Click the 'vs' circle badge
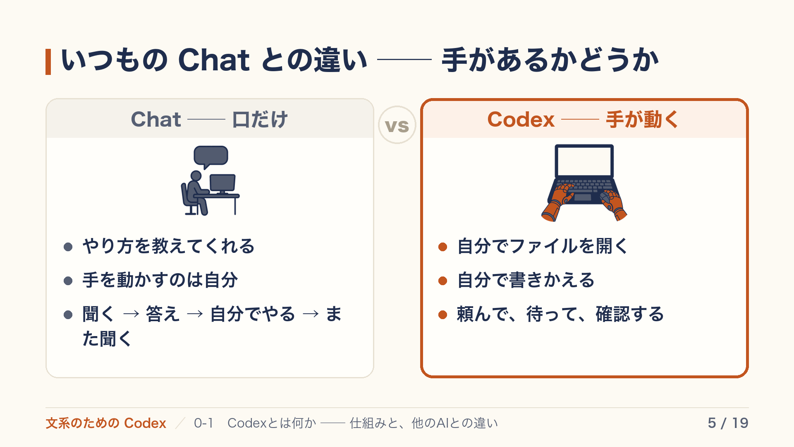click(397, 125)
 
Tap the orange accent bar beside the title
click(48, 62)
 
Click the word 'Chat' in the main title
click(214, 60)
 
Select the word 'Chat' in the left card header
click(156, 119)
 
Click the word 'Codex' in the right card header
click(521, 119)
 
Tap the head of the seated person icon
click(196, 176)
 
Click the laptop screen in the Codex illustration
click(584, 161)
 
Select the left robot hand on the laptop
click(557, 203)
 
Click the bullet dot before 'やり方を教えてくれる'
click(68, 247)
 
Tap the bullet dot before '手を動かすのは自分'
click(68, 281)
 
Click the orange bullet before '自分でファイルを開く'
click(443, 247)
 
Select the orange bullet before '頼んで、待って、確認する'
click(443, 315)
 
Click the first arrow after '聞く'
click(131, 314)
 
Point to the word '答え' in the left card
click(163, 314)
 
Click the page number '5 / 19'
click(728, 423)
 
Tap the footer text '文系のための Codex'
click(106, 423)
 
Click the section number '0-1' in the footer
click(203, 423)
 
